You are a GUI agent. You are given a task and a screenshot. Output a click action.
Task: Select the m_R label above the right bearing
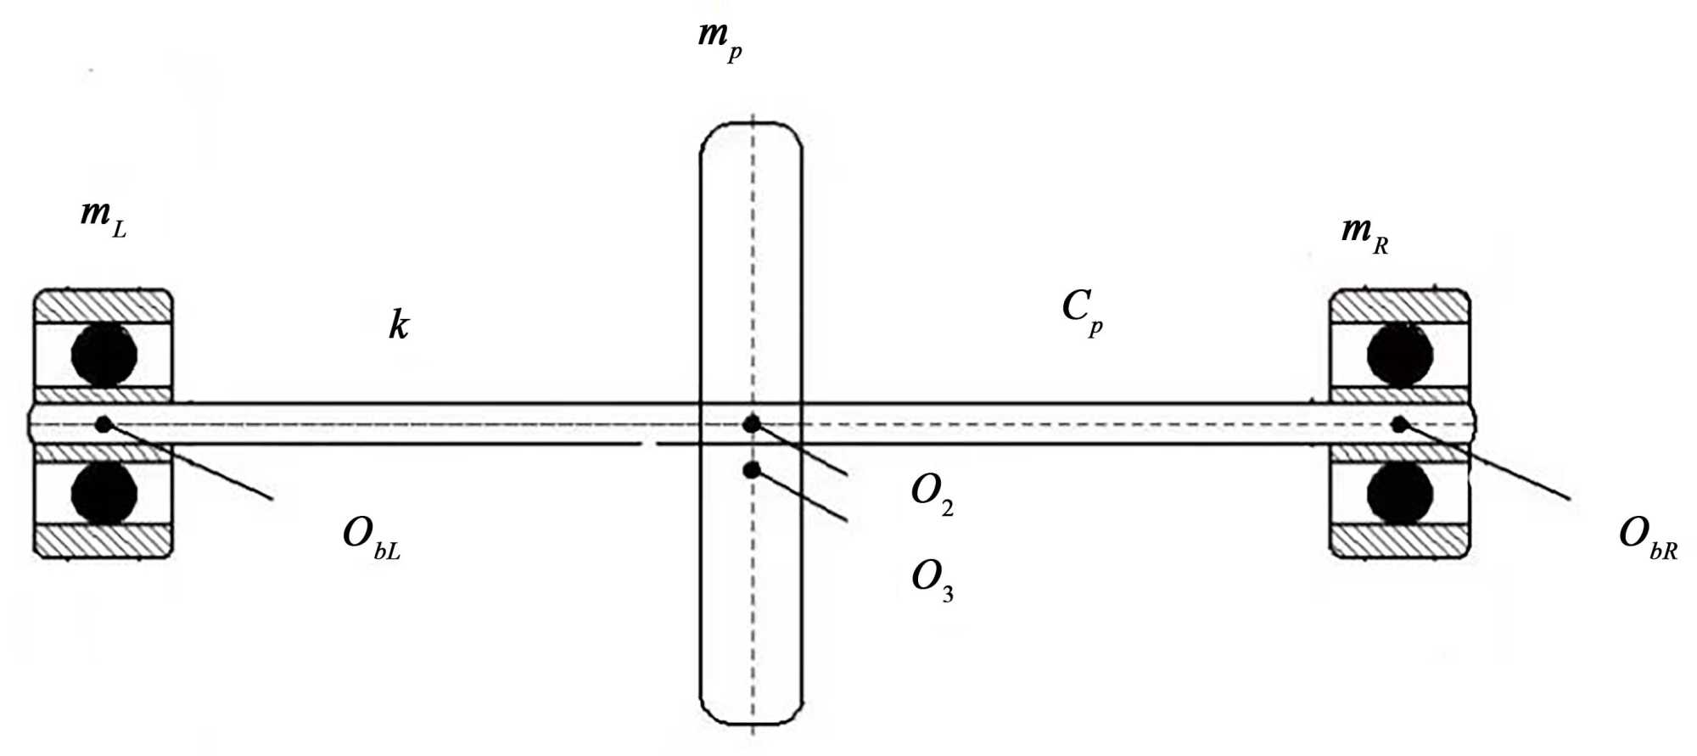[x=1364, y=233]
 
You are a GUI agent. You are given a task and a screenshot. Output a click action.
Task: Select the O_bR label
[x=1647, y=537]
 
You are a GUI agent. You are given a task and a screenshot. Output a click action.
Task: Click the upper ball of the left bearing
[x=104, y=353]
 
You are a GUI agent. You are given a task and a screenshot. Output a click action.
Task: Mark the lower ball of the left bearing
[x=104, y=492]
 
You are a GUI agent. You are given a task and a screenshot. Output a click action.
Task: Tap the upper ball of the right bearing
[x=1399, y=353]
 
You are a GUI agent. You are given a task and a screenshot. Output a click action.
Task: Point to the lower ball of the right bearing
[x=1399, y=492]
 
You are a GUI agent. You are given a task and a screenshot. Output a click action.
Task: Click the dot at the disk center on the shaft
[x=751, y=423]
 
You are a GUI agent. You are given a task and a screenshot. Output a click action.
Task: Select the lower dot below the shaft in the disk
[x=751, y=469]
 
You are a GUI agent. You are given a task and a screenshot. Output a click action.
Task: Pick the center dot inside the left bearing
[x=104, y=423]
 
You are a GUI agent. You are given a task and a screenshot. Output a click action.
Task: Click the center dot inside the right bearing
[x=1398, y=423]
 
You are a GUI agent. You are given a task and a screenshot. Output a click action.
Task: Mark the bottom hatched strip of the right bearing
[x=1399, y=540]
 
